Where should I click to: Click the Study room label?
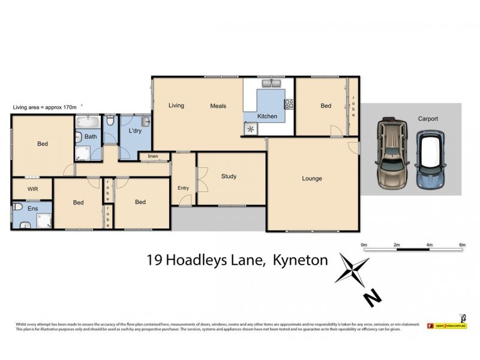click(229, 176)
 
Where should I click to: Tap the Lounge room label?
click(312, 178)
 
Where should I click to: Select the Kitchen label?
click(267, 116)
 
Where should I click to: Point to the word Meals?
click(218, 106)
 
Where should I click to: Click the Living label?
click(176, 106)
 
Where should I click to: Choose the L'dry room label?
click(134, 131)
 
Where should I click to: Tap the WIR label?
click(32, 188)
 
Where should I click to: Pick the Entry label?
click(183, 188)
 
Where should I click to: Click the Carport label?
click(428, 119)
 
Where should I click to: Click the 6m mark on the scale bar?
click(462, 245)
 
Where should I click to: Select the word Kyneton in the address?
click(300, 260)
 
